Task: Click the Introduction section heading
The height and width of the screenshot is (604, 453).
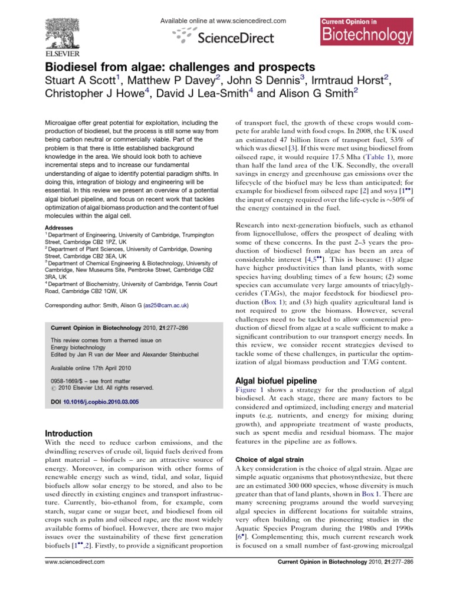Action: pos(69,433)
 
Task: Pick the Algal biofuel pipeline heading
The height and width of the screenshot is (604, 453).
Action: pos(276,380)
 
